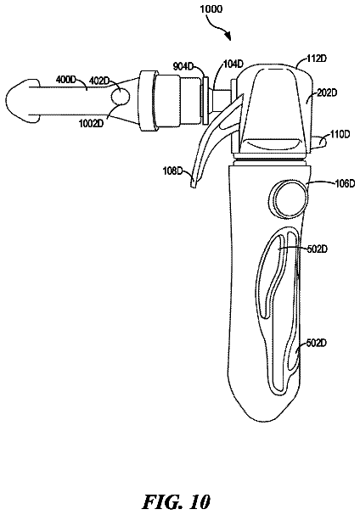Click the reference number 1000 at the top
click(211, 8)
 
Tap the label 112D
click(317, 59)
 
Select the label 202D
click(327, 93)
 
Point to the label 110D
click(340, 134)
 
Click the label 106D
click(345, 183)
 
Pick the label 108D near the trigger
click(172, 171)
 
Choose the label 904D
click(183, 66)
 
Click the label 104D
click(233, 63)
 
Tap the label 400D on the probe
click(65, 79)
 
